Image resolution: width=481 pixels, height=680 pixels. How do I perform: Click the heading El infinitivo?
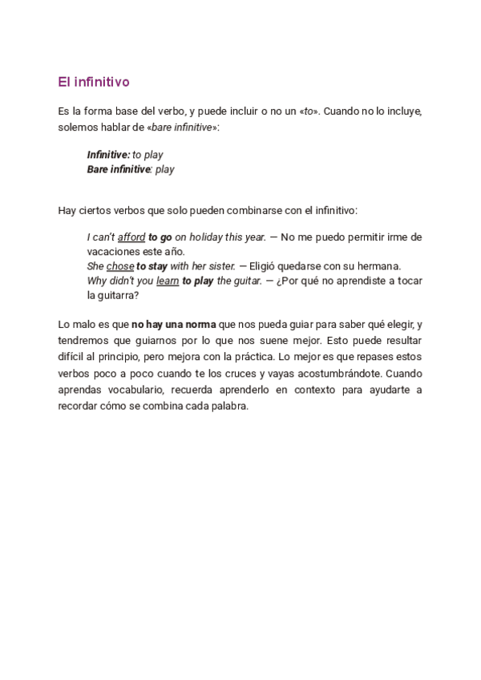94,82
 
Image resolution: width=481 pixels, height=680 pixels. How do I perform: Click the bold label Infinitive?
108,154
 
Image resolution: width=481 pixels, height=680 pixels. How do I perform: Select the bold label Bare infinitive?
119,169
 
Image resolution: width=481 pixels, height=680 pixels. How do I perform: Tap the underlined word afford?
131,237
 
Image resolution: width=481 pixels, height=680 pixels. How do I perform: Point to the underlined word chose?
120,266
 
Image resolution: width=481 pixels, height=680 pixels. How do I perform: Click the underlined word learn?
168,281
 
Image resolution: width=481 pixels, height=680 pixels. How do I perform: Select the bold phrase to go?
160,237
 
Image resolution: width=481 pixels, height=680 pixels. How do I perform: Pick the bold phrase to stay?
152,266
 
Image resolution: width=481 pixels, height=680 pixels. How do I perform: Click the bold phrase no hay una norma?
174,324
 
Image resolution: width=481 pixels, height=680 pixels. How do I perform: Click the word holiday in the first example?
205,237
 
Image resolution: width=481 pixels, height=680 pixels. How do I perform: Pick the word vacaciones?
111,252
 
